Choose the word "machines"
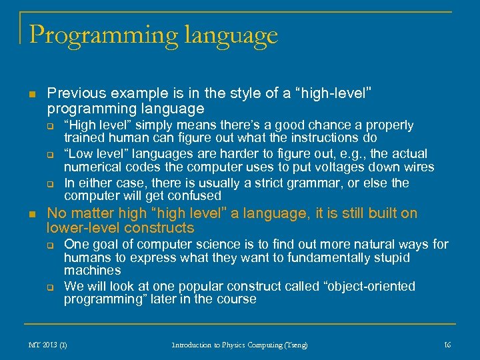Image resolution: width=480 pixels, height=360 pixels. [x=93, y=271]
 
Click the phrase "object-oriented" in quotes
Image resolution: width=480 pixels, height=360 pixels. [x=369, y=287]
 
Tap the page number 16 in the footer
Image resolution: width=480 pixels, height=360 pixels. [x=447, y=345]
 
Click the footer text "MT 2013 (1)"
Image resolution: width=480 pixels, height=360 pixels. [x=48, y=345]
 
